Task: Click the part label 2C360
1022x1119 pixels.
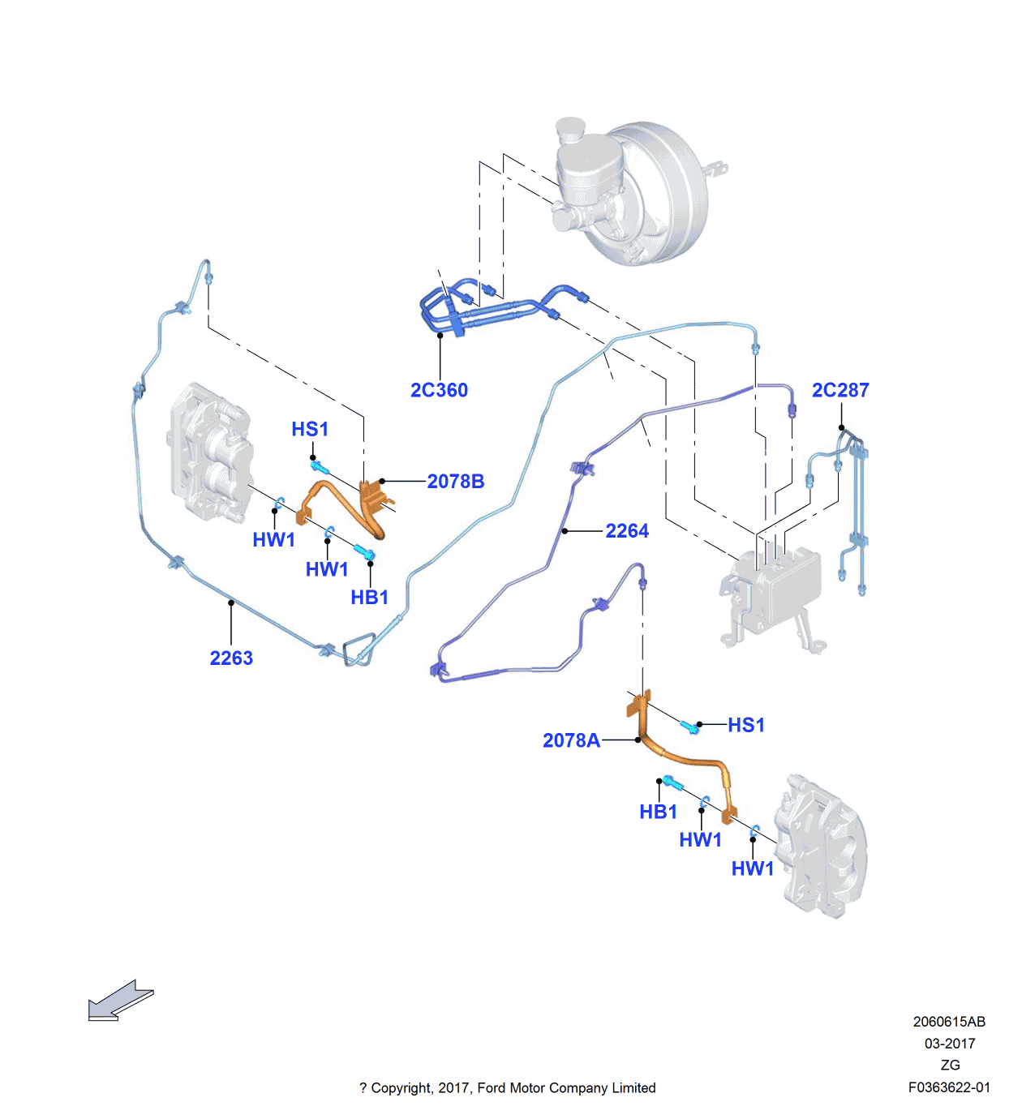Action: pyautogui.click(x=439, y=390)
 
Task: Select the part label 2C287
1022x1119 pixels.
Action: pyautogui.click(x=840, y=390)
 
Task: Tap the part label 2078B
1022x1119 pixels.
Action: pyautogui.click(x=456, y=482)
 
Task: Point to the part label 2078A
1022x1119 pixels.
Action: pyautogui.click(x=571, y=740)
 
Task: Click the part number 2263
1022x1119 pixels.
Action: pyautogui.click(x=231, y=658)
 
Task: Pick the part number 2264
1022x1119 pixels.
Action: pyautogui.click(x=627, y=531)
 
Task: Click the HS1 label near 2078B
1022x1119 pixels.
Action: pyautogui.click(x=310, y=429)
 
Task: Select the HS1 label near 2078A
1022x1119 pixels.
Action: pyautogui.click(x=746, y=725)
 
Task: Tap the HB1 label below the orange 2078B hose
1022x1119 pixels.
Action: pyautogui.click(x=370, y=598)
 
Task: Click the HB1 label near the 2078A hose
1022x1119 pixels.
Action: pyautogui.click(x=658, y=812)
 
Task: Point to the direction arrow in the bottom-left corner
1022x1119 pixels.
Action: pyautogui.click(x=119, y=1000)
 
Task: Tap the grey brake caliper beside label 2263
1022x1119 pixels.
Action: pyautogui.click(x=210, y=450)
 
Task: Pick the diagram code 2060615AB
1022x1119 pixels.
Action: pyautogui.click(x=949, y=1022)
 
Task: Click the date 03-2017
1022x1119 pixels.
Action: pyautogui.click(x=950, y=1044)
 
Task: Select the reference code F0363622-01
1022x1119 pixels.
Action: pyautogui.click(x=949, y=1087)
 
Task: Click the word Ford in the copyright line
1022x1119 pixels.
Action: pyautogui.click(x=492, y=1088)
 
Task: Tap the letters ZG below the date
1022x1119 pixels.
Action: pyautogui.click(x=950, y=1065)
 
